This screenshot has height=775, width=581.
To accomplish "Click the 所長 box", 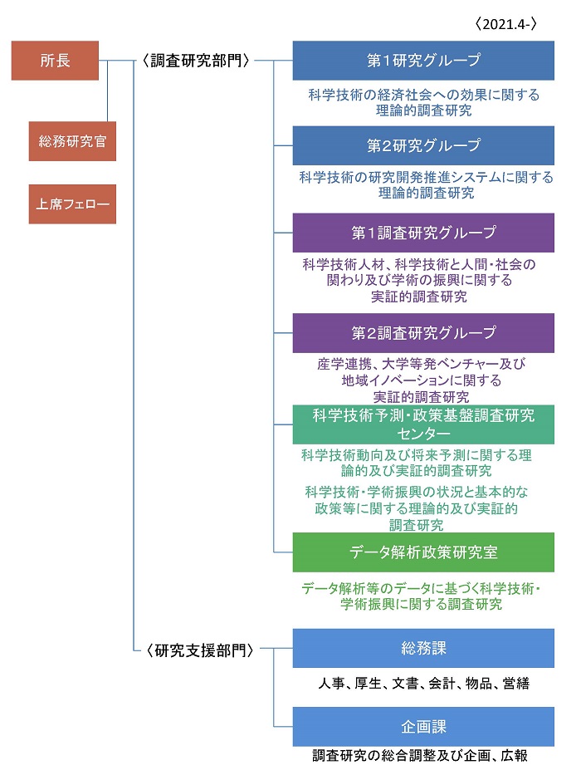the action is point(55,61).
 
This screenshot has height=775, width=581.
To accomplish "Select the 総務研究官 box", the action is point(72,141).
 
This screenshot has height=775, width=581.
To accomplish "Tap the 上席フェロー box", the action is point(72,204).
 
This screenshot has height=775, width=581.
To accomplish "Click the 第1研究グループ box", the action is point(423,61).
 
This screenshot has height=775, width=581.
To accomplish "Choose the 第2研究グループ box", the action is point(423,145).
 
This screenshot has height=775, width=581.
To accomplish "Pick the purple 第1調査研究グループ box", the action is point(423,233).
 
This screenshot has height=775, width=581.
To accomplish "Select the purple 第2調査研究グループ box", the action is point(423,332).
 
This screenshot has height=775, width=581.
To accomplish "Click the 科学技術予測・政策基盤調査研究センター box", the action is point(423,424).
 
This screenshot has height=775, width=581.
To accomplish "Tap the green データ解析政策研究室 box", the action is point(423,552).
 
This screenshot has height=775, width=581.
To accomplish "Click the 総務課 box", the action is point(423,648).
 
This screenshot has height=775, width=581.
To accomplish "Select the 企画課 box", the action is point(423,727).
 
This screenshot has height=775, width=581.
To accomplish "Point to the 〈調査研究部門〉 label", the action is point(196,61).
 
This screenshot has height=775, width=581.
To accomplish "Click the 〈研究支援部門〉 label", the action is point(199,650).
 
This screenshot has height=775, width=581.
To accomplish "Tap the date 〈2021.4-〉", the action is point(506,24).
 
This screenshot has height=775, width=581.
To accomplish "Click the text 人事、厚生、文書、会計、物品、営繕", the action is point(423,683).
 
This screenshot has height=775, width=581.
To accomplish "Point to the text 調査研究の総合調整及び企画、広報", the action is point(420,755).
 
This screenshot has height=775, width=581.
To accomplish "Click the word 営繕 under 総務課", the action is point(515,683).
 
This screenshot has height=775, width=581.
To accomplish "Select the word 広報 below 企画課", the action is point(515,755).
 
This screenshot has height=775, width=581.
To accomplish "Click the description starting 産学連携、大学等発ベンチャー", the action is point(422,380).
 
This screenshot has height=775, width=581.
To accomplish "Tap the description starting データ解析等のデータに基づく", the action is point(421,596).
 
